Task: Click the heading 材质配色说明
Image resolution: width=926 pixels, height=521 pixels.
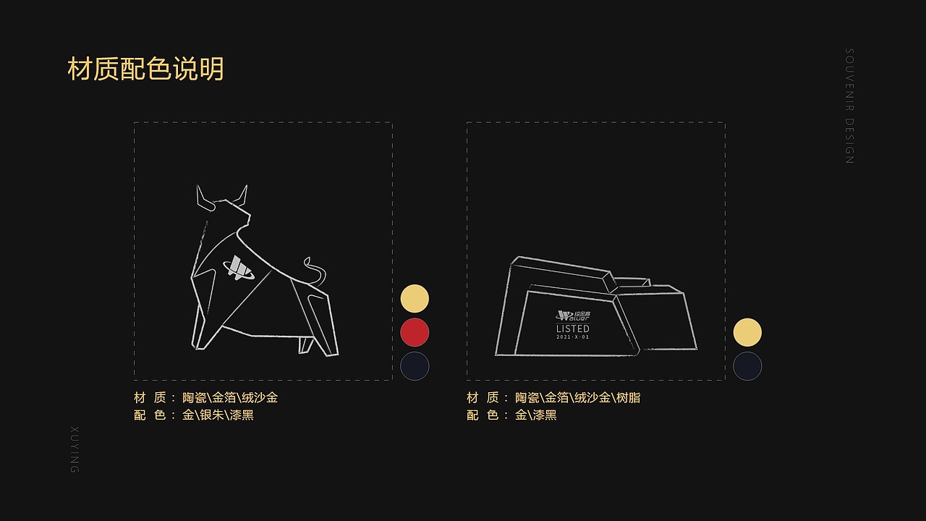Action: click(145, 69)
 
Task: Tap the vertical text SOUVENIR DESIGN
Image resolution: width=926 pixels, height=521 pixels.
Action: click(850, 106)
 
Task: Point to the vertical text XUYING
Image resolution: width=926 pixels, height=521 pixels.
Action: click(75, 449)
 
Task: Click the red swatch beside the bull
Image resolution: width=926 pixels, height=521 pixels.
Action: click(415, 332)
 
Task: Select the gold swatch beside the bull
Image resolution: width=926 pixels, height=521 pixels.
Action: click(415, 299)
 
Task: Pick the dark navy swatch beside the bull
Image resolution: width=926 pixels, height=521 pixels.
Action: click(415, 366)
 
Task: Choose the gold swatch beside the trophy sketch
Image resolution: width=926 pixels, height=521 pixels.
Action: click(747, 332)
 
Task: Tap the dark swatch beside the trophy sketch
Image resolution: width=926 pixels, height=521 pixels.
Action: click(747, 366)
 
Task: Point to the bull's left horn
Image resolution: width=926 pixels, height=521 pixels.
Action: click(203, 198)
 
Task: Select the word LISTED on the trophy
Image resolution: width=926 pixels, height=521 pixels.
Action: click(572, 329)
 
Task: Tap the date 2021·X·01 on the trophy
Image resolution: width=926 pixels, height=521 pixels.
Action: click(572, 337)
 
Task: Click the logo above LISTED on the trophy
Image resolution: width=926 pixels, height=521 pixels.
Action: click(572, 315)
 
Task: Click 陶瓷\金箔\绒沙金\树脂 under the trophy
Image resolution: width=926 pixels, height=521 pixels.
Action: click(577, 397)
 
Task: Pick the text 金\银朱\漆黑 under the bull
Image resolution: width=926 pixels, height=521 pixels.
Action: click(218, 415)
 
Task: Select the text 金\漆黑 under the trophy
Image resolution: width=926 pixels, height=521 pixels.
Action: click(535, 415)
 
